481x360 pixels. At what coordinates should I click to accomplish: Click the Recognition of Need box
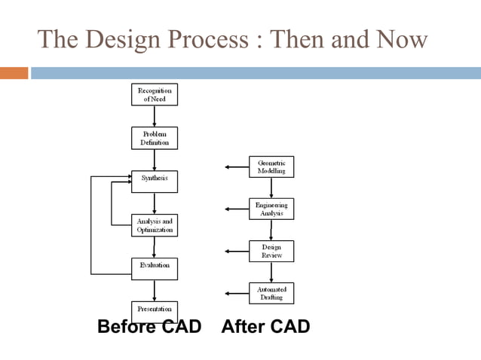click(155, 94)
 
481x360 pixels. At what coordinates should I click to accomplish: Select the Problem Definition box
click(155, 138)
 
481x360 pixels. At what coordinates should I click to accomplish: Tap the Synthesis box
click(155, 181)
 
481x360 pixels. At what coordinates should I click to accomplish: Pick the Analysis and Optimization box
click(155, 224)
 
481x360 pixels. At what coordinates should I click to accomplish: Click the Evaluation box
click(155, 267)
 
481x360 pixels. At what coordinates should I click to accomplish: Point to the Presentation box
click(155, 310)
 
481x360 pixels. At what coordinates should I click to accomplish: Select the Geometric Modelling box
click(271, 166)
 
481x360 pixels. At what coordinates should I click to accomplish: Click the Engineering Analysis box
click(271, 209)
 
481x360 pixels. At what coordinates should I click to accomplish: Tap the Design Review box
click(271, 251)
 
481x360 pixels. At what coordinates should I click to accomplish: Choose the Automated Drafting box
click(271, 293)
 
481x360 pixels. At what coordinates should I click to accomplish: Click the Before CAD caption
click(149, 327)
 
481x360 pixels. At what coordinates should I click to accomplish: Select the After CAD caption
click(265, 327)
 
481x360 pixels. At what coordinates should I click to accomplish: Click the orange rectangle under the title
click(14, 73)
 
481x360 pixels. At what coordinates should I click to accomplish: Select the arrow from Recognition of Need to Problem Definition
click(155, 116)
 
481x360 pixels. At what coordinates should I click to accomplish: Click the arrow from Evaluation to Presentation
click(155, 288)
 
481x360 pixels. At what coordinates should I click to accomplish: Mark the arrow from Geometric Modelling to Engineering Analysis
click(271, 188)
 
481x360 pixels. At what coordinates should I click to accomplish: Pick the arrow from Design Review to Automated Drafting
click(271, 272)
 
